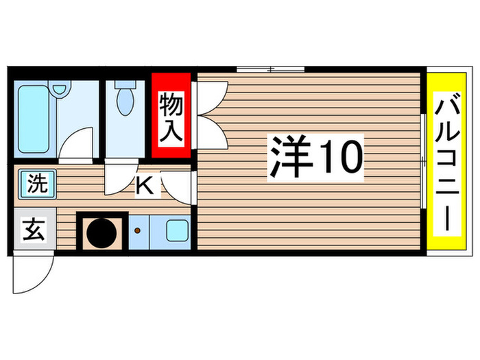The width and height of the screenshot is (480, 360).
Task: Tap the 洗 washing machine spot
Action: point(38,184)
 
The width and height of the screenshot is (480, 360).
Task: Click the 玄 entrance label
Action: point(34,229)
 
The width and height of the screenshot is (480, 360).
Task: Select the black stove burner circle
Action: point(102,232)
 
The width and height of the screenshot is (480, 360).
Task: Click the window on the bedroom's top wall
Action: point(270,69)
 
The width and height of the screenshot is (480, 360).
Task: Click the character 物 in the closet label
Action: point(171,104)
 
